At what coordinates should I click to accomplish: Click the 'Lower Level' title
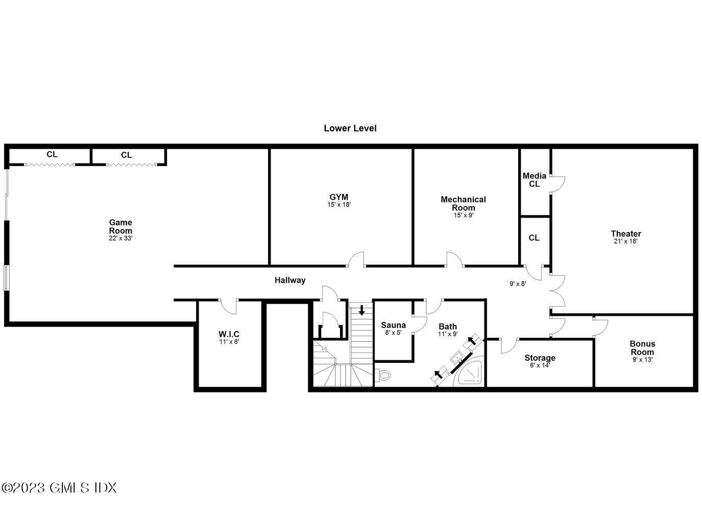pos(350,128)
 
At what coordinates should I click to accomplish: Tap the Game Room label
pos(120,226)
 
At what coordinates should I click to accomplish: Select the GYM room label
pos(339,197)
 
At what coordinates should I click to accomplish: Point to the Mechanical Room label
pos(464,203)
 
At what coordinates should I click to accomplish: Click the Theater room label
pos(626,234)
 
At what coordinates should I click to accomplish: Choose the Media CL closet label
pos(534,180)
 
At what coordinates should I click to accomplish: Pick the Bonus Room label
pos(642,348)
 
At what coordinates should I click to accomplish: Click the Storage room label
pos(540,358)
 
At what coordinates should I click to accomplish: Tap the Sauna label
pos(393,325)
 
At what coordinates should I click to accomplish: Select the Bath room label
pos(448,327)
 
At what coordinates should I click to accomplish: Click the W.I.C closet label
pos(229,334)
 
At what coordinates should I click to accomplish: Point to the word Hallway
pos(290,280)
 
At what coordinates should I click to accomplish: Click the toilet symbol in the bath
pos(383,376)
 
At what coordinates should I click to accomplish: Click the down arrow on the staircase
pos(362,310)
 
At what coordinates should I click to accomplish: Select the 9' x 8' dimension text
pos(518,284)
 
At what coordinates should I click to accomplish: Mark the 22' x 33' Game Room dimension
pos(120,238)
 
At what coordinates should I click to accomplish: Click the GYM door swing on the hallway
pos(356,260)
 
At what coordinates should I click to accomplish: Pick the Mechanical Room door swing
pos(454,260)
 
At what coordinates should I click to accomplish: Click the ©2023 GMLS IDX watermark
pos(59,487)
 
